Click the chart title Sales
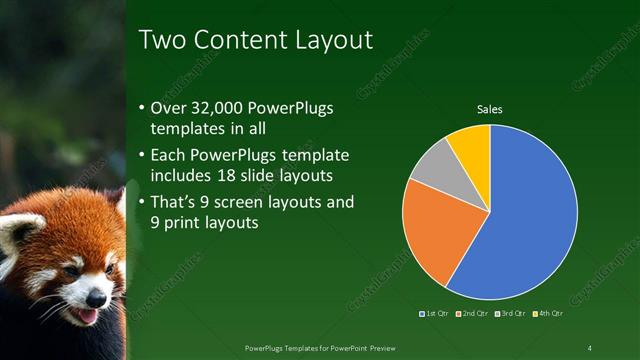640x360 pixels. tap(489, 109)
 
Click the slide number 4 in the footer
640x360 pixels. tap(589, 347)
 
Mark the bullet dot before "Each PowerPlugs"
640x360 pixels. tap(141, 156)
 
